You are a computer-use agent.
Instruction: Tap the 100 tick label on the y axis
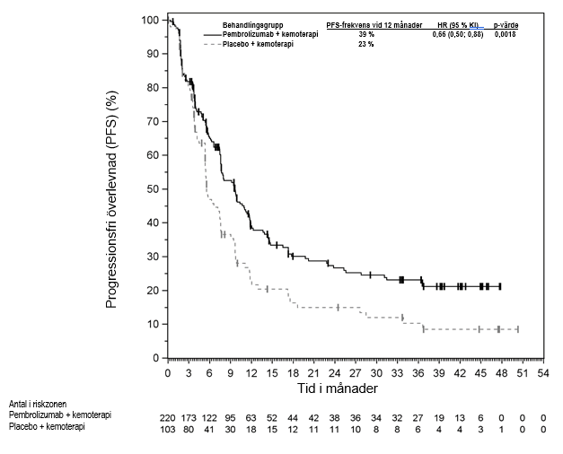point(152,20)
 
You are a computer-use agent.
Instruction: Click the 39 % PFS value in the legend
point(366,34)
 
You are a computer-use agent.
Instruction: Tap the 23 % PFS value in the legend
point(366,44)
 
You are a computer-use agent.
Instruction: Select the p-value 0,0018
point(506,34)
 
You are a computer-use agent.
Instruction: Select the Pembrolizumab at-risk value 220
point(168,417)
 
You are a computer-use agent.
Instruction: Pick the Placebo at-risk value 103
point(168,428)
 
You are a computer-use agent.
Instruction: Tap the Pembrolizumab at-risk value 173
point(189,417)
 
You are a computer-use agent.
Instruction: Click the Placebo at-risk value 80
point(189,428)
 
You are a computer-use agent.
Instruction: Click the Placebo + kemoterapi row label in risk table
point(47,428)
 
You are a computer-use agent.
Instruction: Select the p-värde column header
point(506,23)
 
